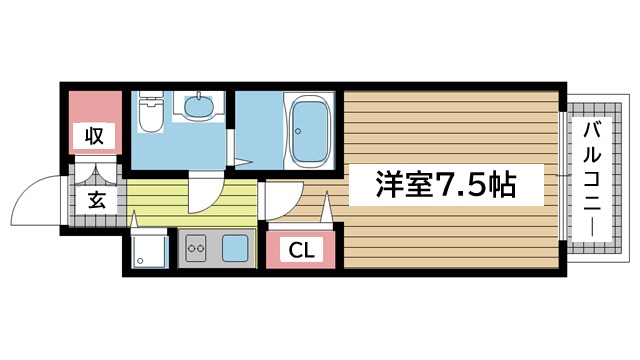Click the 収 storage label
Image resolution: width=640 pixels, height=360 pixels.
(x=95, y=135)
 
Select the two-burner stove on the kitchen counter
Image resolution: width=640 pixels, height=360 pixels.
(x=195, y=245)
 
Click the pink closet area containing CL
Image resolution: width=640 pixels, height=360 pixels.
(x=300, y=248)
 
